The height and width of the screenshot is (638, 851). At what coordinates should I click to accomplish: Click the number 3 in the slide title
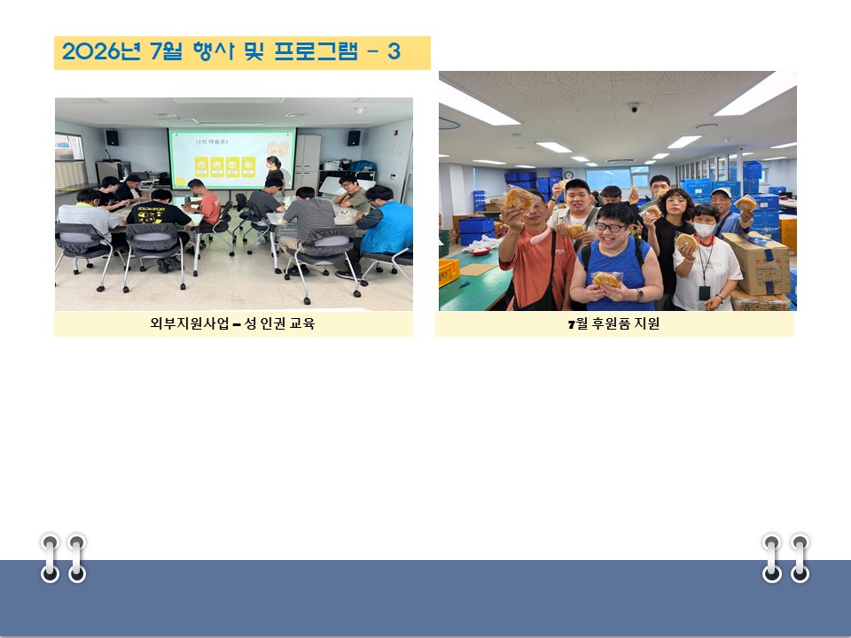coord(394,51)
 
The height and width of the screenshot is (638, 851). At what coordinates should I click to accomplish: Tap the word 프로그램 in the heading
coord(316,51)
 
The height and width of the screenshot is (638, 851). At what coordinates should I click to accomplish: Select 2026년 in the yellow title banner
coord(101,51)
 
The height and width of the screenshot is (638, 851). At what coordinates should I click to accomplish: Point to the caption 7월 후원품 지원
coord(613,324)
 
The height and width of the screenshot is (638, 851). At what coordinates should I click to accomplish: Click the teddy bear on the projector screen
coord(277,149)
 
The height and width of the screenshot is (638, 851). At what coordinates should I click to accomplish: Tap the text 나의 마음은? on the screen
coord(212,142)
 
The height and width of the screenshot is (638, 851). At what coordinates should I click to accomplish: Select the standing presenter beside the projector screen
coord(275,173)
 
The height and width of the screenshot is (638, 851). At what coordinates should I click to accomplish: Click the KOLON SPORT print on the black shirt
coord(151,209)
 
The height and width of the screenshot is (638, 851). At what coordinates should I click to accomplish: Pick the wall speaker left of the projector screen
coord(112,138)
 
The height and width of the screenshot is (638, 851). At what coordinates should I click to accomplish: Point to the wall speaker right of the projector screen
coord(354,138)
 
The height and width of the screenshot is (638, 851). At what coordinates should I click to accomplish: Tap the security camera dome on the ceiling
coord(633,107)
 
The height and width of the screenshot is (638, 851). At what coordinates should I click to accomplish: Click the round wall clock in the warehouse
coord(568,175)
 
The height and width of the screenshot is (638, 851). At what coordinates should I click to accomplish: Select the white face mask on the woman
coord(704,230)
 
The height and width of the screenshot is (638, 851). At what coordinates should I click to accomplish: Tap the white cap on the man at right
coord(722,192)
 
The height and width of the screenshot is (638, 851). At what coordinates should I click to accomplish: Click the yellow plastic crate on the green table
coord(449,272)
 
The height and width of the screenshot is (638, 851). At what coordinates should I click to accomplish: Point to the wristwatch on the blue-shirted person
coord(640,295)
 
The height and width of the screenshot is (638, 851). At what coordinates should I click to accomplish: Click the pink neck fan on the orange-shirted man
coord(539,236)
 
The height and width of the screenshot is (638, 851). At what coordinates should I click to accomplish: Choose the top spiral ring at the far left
coord(50,542)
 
